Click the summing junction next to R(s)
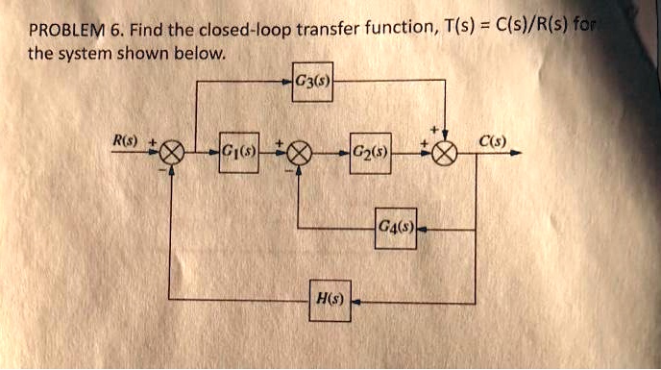[x=173, y=153]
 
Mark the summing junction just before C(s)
[x=444, y=153]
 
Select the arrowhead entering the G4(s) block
[x=422, y=230]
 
